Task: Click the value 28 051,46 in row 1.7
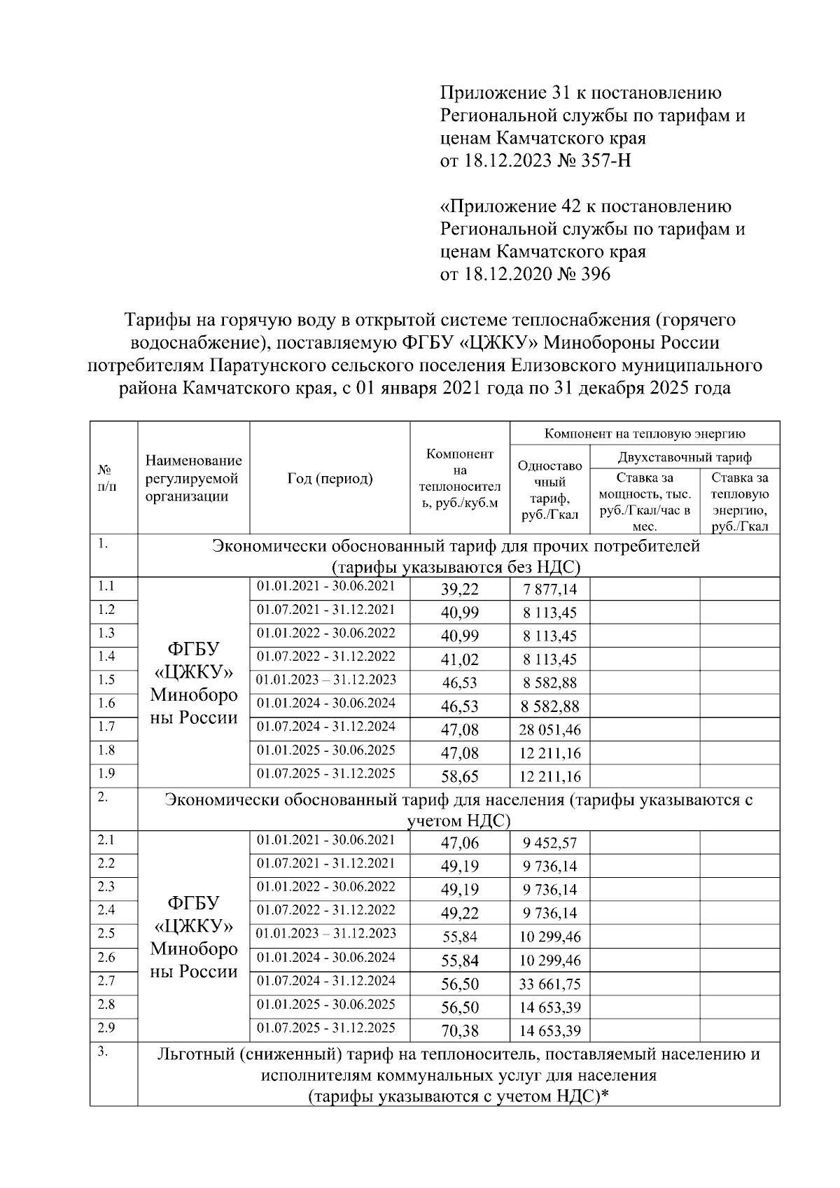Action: tap(549, 730)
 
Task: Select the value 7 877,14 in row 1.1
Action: tap(549, 589)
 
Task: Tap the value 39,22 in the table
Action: tap(460, 589)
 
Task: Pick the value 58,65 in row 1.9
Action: tap(460, 776)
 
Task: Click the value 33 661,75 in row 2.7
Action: tap(549, 984)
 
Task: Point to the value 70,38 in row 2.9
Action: tap(460, 1030)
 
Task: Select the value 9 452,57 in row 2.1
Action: tap(549, 844)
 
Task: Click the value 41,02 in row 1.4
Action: tap(460, 659)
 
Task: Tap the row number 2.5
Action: tap(106, 933)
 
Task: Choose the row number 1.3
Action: tap(106, 633)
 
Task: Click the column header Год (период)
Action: tap(330, 479)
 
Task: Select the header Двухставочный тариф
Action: tap(684, 457)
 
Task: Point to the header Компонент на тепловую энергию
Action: tap(645, 433)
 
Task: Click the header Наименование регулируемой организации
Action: tap(193, 479)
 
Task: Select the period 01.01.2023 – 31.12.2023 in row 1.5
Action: tap(326, 680)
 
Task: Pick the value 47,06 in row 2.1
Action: tap(460, 844)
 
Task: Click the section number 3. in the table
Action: tap(102, 1051)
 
